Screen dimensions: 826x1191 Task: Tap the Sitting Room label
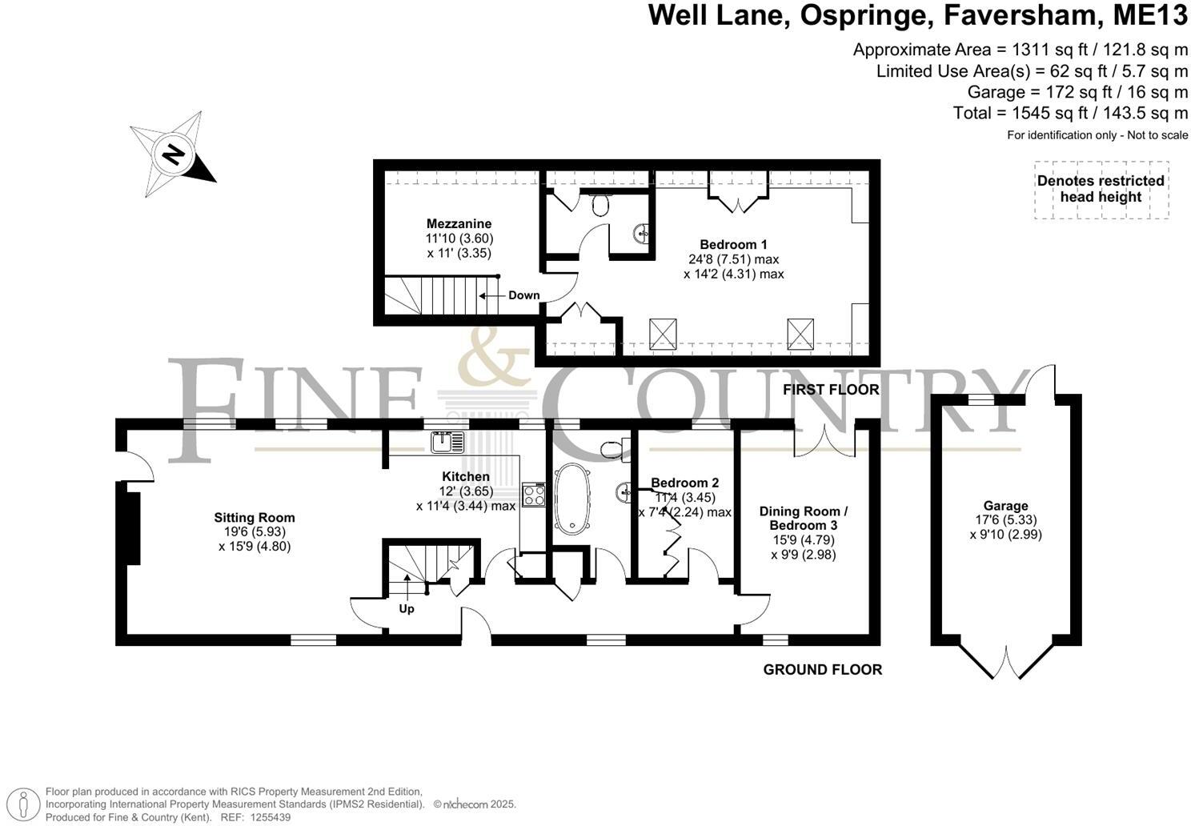[x=254, y=518]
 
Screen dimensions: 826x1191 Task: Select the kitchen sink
[x=447, y=442]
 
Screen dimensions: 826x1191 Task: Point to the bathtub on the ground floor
[x=571, y=498]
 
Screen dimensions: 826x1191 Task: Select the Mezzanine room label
[x=459, y=224]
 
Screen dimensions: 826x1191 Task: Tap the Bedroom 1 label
[x=733, y=245]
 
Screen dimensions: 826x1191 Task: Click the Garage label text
[x=1005, y=506]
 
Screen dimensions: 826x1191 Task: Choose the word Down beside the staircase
[x=523, y=295]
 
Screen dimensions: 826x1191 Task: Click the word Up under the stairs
[x=407, y=609]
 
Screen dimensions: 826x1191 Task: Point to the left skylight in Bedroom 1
[x=663, y=334]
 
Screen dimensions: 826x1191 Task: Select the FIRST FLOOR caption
[x=831, y=390]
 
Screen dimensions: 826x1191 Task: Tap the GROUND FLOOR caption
[x=822, y=670]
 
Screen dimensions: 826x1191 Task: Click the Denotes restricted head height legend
[x=1101, y=189]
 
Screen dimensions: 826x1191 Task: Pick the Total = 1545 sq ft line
[x=1070, y=113]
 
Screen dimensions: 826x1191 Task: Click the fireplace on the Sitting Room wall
[x=130, y=528]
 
